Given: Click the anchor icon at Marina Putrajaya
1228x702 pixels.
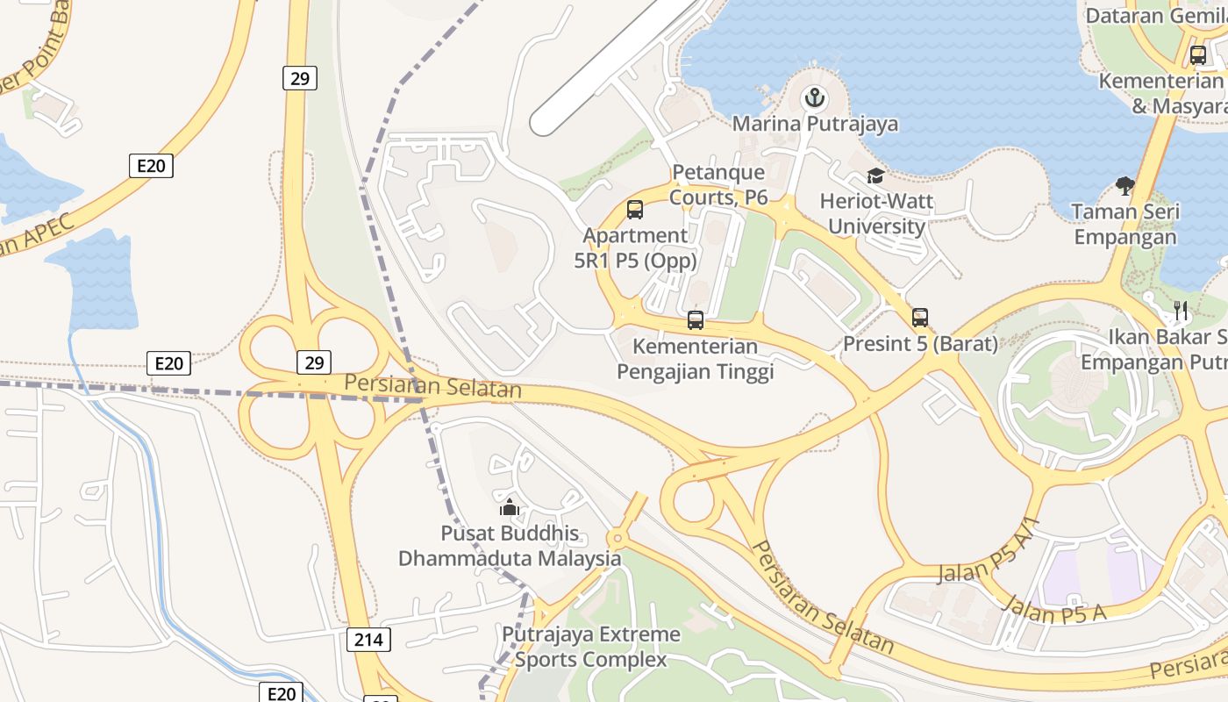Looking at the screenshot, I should tap(815, 97).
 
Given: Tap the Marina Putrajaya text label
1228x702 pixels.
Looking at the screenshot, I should tap(815, 124).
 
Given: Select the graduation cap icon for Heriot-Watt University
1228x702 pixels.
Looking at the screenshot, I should tap(875, 176).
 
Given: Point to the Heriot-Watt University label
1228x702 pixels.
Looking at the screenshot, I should tap(876, 214).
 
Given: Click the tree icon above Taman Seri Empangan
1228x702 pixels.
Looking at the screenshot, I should tap(1125, 185).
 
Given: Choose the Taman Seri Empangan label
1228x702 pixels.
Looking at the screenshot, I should tap(1126, 225).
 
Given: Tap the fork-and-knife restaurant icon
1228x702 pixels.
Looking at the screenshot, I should tap(1181, 310).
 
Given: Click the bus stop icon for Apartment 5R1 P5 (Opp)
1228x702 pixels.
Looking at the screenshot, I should tap(635, 210).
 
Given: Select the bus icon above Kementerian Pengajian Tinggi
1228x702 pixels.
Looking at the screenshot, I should tap(696, 320).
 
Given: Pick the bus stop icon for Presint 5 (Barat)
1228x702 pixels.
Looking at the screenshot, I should tap(919, 318).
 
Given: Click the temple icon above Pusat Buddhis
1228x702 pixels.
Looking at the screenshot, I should tap(510, 507).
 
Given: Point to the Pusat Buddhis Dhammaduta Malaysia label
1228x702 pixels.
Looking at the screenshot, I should tap(510, 546).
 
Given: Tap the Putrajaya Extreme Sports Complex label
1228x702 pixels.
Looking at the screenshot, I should tap(590, 647).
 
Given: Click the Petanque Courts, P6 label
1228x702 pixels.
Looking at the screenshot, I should tap(718, 185).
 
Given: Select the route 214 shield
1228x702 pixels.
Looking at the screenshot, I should tap(368, 640).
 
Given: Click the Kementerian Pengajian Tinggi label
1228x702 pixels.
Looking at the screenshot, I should tap(695, 359).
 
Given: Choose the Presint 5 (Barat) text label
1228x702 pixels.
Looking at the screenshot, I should tap(920, 344).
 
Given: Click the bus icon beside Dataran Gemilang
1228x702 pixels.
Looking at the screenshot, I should tap(1198, 55).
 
